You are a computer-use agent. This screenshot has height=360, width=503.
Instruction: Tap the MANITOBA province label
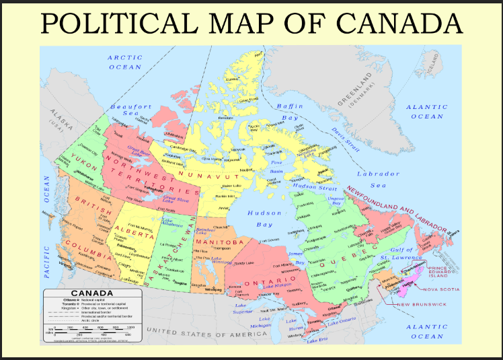point(219,242)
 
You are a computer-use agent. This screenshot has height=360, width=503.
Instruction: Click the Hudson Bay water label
point(260,219)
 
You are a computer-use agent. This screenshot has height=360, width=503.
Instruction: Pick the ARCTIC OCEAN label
point(125,63)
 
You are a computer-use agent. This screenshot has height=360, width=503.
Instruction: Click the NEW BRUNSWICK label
point(422,305)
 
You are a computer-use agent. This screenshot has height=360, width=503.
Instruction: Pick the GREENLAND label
point(356,94)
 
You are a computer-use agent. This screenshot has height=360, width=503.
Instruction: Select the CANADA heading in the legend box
point(92,293)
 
